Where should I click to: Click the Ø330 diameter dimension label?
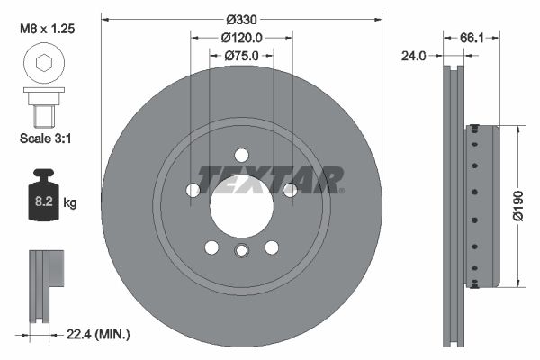coord(241,19)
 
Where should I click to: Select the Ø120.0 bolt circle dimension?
coord(241,38)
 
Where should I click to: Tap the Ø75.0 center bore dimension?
coord(241,56)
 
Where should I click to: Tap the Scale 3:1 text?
coord(44,139)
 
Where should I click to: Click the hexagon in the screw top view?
coord(43,62)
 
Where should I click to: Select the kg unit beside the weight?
coord(71,203)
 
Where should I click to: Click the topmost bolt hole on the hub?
coord(241,155)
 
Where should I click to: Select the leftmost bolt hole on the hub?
coord(193,190)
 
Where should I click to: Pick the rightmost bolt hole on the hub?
coord(290,190)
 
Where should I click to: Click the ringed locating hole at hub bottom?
coord(241,251)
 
